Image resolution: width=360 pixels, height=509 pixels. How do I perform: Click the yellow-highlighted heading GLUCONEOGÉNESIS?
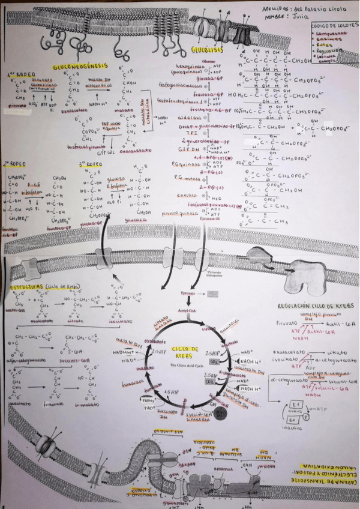tap(80, 67)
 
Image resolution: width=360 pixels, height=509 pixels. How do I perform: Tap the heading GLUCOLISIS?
tap(204, 49)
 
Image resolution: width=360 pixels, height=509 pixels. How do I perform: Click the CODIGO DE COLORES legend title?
tap(332, 26)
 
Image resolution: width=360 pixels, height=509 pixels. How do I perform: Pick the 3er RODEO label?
tap(90, 163)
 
